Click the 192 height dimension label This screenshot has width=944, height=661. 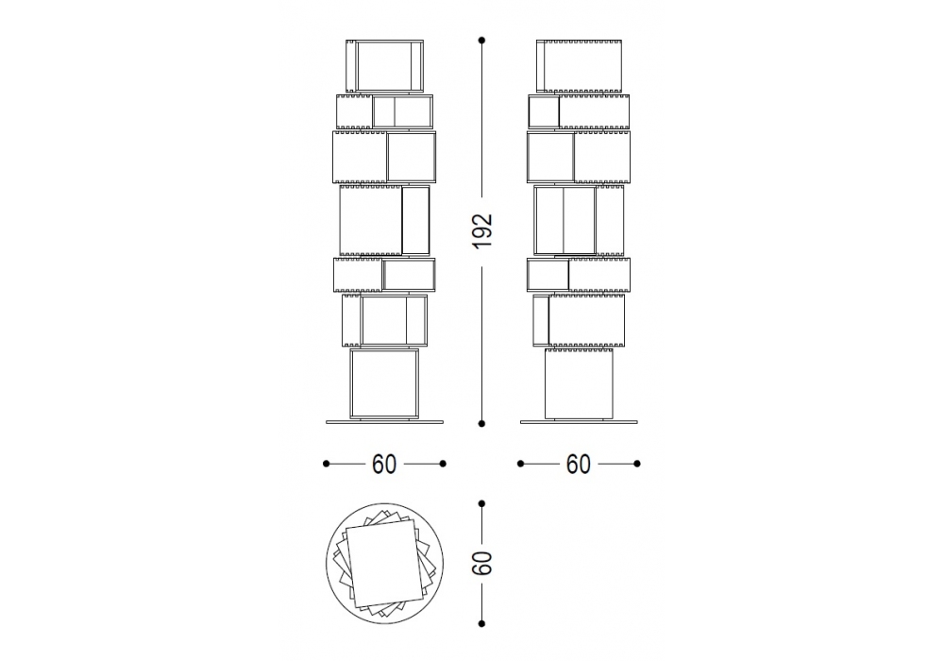tap(481, 230)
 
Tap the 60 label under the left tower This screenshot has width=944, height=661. tap(384, 464)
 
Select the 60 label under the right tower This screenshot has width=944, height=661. tap(579, 464)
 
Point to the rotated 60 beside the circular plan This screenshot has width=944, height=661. tap(482, 563)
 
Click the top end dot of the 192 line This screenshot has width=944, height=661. tap(481, 41)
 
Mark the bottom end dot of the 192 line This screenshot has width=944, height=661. tap(481, 424)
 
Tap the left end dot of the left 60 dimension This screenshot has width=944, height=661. tap(326, 464)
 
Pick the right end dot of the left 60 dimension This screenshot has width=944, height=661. tap(443, 464)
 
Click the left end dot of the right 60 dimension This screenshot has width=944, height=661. tap(520, 464)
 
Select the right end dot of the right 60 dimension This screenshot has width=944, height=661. tap(637, 464)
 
